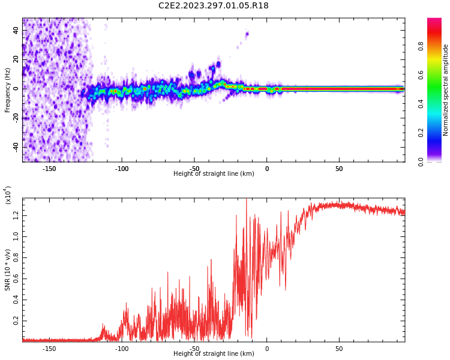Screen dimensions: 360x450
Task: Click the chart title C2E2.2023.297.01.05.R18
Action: tap(214, 6)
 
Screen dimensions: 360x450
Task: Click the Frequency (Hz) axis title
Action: tap(8, 89)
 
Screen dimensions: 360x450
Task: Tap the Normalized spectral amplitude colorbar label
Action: tap(446, 89)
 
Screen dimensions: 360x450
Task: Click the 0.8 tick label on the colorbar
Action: tap(421, 45)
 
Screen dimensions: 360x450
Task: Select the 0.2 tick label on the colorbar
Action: tap(421, 133)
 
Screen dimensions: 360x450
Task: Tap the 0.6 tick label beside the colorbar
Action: tap(421, 74)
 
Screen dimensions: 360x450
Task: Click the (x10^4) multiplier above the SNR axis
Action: tap(8, 194)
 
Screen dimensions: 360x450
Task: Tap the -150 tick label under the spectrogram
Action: tap(49, 169)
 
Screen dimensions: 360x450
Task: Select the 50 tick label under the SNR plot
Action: tap(339, 349)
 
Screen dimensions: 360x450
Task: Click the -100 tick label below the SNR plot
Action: tap(122, 349)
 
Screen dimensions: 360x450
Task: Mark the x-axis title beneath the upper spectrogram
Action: tap(214, 174)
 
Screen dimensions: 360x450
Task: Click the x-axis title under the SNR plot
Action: tap(214, 354)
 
